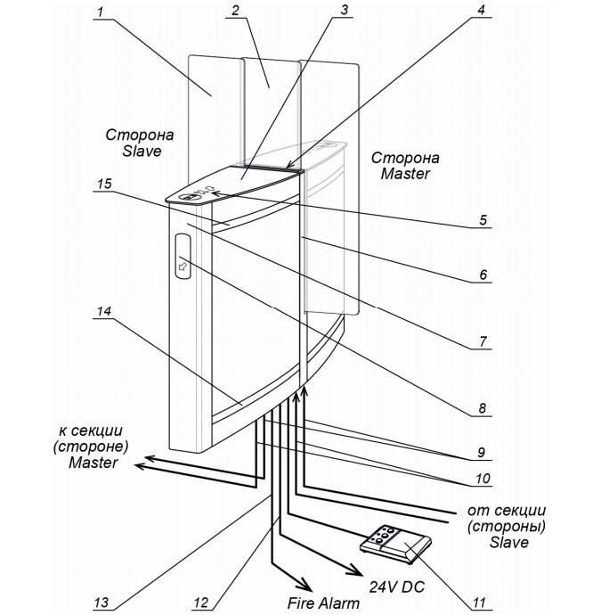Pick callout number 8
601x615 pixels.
click(x=482, y=410)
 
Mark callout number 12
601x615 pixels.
click(x=203, y=603)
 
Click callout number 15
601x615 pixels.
click(x=103, y=184)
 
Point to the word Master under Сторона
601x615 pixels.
click(x=405, y=174)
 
